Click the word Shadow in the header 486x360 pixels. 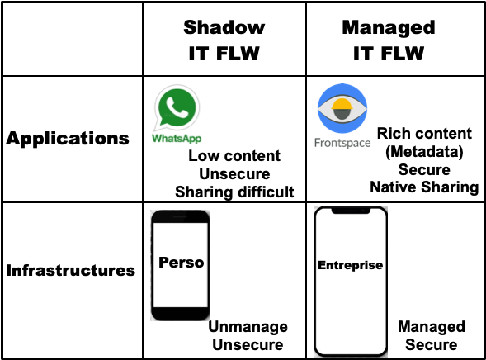pyautogui.click(x=224, y=27)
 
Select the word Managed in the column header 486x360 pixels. pyautogui.click(x=389, y=28)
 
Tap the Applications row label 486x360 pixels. pyautogui.click(x=68, y=139)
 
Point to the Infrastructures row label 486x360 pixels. pyautogui.click(x=71, y=270)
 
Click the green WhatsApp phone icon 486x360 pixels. pyautogui.click(x=177, y=108)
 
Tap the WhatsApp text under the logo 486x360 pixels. pyautogui.click(x=177, y=138)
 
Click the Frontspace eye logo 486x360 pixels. pyautogui.click(x=342, y=108)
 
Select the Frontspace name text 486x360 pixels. pyautogui.click(x=342, y=143)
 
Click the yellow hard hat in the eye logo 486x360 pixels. pyautogui.click(x=342, y=104)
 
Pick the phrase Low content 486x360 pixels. pyautogui.click(x=234, y=156)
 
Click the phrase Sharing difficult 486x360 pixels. pyautogui.click(x=234, y=192)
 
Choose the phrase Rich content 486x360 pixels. pyautogui.click(x=424, y=134)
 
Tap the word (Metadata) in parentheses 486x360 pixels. pyautogui.click(x=424, y=152)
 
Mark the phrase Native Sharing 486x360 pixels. pyautogui.click(x=424, y=187)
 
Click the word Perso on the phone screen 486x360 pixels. pyautogui.click(x=182, y=263)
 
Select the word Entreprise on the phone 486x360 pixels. pyautogui.click(x=351, y=265)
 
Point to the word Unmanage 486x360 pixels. pyautogui.click(x=248, y=327)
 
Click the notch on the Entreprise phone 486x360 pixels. pyautogui.click(x=351, y=211)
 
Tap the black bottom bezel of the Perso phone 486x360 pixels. pyautogui.click(x=180, y=314)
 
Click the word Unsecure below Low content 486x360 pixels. pyautogui.click(x=234, y=174)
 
